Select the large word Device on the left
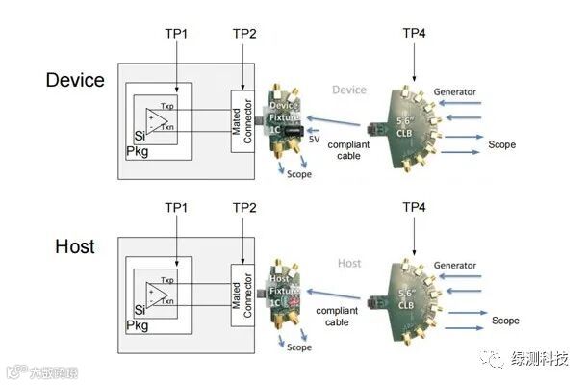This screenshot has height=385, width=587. coord(75,81)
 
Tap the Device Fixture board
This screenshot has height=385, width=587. coord(286,120)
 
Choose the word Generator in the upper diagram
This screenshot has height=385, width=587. coord(454,92)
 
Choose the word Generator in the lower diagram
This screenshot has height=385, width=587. coord(454,265)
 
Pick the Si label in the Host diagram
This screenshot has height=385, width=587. coord(140,310)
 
